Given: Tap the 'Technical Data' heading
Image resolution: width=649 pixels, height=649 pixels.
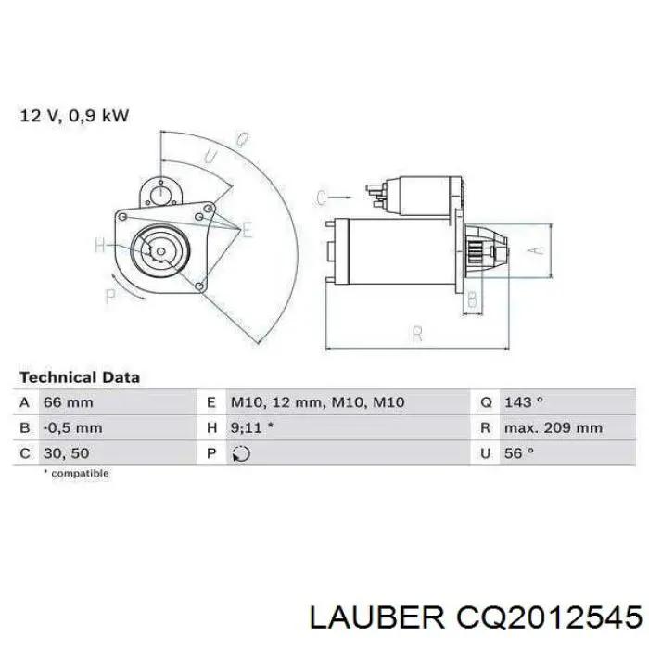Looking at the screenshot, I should click(80, 377).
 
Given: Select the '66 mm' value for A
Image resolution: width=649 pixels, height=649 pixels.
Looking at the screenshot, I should click(68, 403).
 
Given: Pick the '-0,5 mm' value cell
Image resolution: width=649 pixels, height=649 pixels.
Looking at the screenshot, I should click(72, 428).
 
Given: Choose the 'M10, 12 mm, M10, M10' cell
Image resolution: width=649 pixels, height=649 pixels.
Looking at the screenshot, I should click(317, 403).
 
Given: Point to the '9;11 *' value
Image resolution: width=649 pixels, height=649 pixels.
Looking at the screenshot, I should click(251, 428).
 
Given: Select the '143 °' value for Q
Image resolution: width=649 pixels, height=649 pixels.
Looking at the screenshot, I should click(524, 403).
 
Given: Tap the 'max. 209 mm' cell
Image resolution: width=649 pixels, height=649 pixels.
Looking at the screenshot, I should click(554, 428).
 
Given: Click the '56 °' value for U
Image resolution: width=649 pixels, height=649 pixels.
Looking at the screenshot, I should click(519, 453).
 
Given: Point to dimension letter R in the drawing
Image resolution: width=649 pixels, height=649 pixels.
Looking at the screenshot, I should click(417, 334).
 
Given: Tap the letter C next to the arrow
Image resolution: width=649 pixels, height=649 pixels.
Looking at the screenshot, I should click(322, 197).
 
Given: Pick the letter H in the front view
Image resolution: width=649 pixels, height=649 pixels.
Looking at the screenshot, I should click(100, 246).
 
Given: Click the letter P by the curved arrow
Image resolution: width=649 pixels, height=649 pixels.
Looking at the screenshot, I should click(110, 297).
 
